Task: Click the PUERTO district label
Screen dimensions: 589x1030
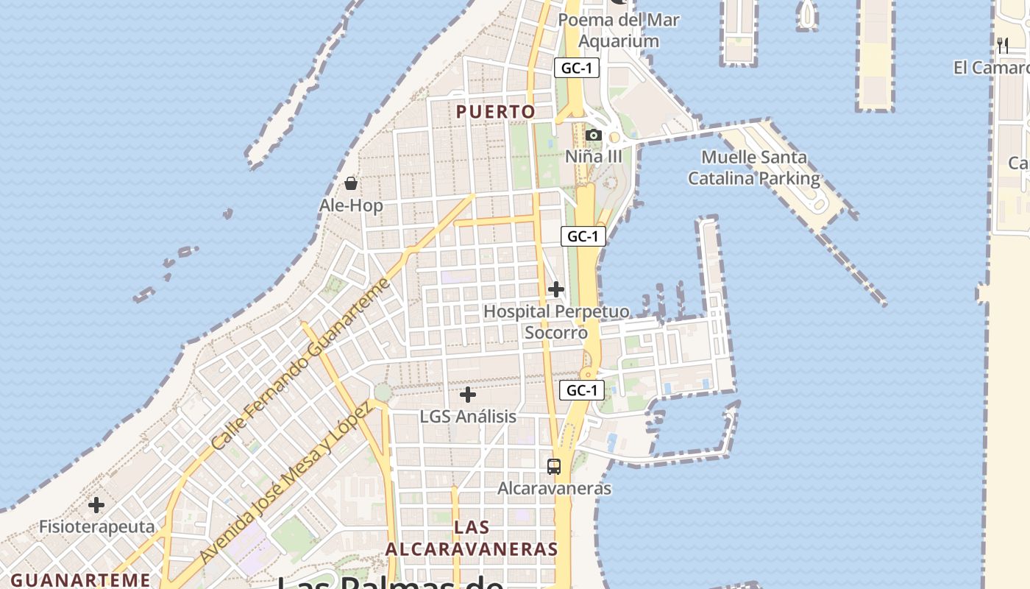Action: (x=495, y=112)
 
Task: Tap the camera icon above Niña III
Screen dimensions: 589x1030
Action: (x=594, y=135)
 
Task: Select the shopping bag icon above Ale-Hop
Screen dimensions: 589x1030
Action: (x=351, y=183)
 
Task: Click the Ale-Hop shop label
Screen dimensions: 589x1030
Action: (x=351, y=205)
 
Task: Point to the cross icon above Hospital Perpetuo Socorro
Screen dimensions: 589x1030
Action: (x=556, y=289)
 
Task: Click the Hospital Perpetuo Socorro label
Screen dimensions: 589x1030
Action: (x=556, y=322)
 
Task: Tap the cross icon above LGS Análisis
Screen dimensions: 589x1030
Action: (x=468, y=395)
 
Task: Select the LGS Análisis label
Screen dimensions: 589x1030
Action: (x=468, y=417)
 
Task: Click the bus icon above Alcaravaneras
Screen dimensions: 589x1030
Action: (x=554, y=467)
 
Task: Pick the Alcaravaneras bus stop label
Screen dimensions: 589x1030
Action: (x=554, y=488)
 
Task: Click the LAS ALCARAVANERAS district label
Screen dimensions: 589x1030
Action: (x=472, y=538)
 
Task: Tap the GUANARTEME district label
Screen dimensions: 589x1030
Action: (x=81, y=580)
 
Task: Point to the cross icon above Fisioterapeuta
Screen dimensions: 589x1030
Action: (x=96, y=506)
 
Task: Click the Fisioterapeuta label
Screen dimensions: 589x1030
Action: (x=96, y=527)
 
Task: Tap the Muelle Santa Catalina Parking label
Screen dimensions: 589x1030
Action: (x=753, y=168)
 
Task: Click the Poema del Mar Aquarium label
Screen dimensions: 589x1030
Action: (x=618, y=30)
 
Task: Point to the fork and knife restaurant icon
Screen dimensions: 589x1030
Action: (x=1003, y=46)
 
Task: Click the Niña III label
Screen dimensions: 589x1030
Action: (x=594, y=157)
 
